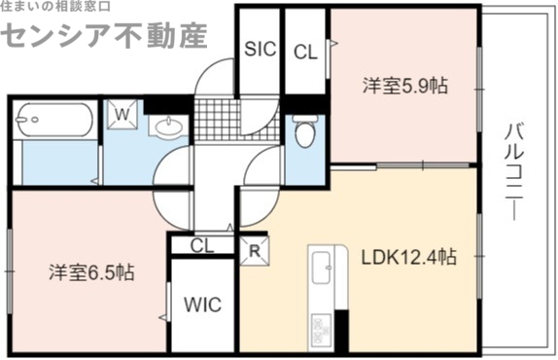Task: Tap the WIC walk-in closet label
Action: point(203,305)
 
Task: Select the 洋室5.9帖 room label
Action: point(405,86)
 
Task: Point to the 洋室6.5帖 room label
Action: point(91,271)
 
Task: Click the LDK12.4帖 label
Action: point(409,258)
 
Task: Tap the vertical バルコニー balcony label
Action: point(514,171)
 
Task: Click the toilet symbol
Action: point(304,131)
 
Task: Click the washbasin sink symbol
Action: point(169,127)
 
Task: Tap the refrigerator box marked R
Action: point(256,249)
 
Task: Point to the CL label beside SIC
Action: point(304,51)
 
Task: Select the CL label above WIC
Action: point(201,246)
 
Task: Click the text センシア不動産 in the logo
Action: point(104,35)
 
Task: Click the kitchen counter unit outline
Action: point(322,292)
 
